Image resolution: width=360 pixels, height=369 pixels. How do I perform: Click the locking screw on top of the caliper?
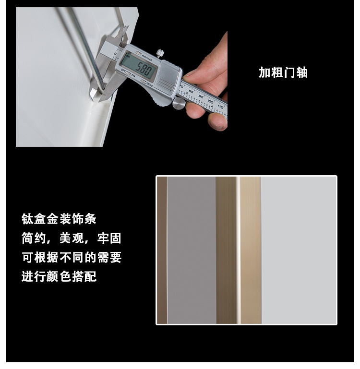pyautogui.click(x=160, y=53)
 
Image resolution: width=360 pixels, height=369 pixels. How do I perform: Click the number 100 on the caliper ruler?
pyautogui.click(x=210, y=101)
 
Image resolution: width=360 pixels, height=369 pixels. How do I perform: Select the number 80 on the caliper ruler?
pyautogui.click(x=191, y=91)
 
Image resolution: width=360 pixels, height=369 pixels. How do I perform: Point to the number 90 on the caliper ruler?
pyautogui.click(x=201, y=96)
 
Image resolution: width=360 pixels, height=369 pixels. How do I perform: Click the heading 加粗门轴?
pyautogui.click(x=283, y=72)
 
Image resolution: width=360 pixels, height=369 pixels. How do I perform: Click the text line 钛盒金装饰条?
pyautogui.click(x=59, y=219)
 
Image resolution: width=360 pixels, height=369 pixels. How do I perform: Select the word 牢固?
pyautogui.click(x=109, y=238)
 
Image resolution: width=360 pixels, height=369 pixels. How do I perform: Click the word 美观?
pyautogui.click(x=72, y=238)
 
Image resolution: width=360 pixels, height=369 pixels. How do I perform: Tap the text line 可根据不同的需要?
pyautogui.click(x=72, y=257)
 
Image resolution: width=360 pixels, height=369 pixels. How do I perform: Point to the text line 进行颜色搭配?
pyautogui.click(x=59, y=276)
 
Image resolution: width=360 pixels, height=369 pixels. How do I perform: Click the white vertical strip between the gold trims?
pyautogui.click(x=238, y=250)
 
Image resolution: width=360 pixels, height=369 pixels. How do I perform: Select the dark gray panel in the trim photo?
pyautogui.click(x=192, y=250)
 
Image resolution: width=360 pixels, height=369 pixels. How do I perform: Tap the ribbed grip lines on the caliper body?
pyautogui.click(x=165, y=83)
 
